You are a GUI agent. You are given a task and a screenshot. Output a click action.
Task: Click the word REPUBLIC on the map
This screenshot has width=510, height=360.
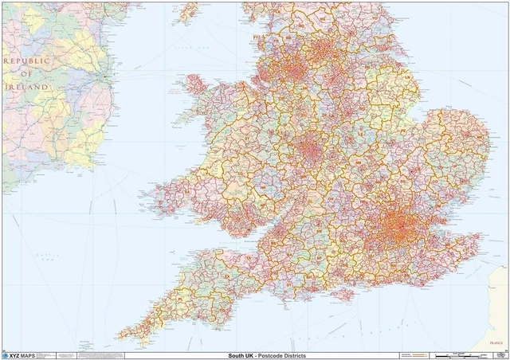[x=26, y=60]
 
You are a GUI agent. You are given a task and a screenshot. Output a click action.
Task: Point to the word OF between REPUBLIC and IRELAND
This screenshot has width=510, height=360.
[x=27, y=73]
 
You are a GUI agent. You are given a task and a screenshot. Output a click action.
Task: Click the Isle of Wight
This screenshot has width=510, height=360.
[x=345, y=294]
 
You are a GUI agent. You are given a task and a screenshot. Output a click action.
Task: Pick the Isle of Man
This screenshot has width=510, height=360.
[x=189, y=11]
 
